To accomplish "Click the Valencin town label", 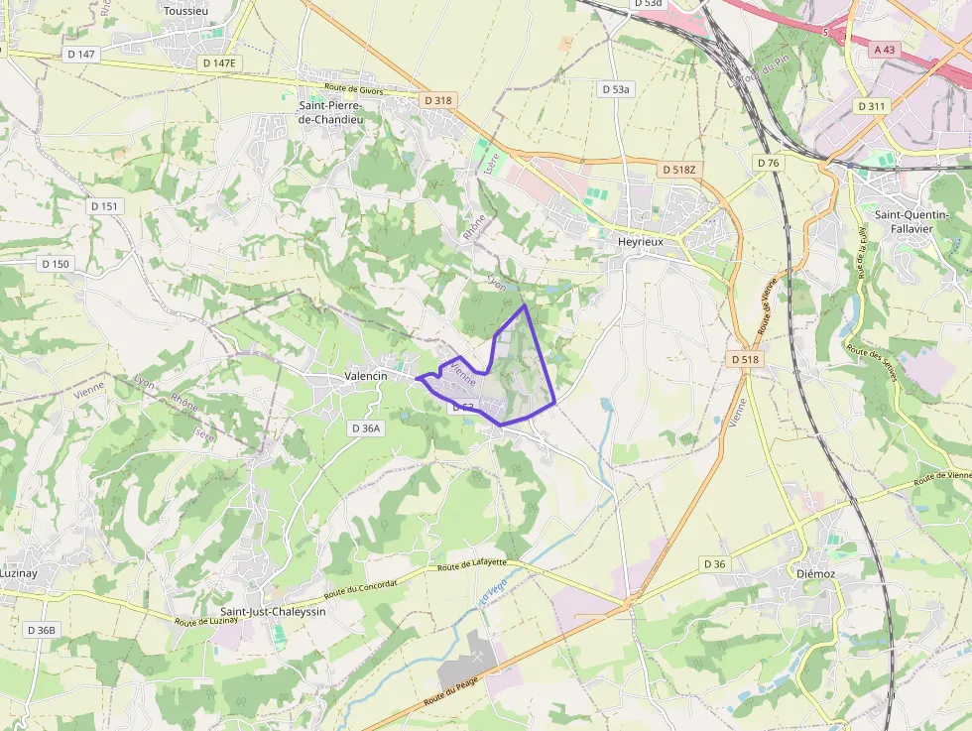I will [x=365, y=377].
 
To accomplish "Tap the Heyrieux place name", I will [x=640, y=241].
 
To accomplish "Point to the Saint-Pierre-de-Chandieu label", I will [x=330, y=112].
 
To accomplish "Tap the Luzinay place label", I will [x=18, y=573].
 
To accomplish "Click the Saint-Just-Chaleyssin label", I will [x=273, y=611].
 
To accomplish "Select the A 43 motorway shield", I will [x=885, y=49].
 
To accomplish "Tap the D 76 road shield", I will [x=768, y=163].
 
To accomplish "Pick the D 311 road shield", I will [x=873, y=106].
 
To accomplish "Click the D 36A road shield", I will [x=366, y=428].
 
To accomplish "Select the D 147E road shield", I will [x=219, y=62].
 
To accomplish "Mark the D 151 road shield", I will [x=104, y=206].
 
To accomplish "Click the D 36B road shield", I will [x=42, y=630].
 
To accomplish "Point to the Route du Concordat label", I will [x=361, y=588].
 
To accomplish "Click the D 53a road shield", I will [x=615, y=89].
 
